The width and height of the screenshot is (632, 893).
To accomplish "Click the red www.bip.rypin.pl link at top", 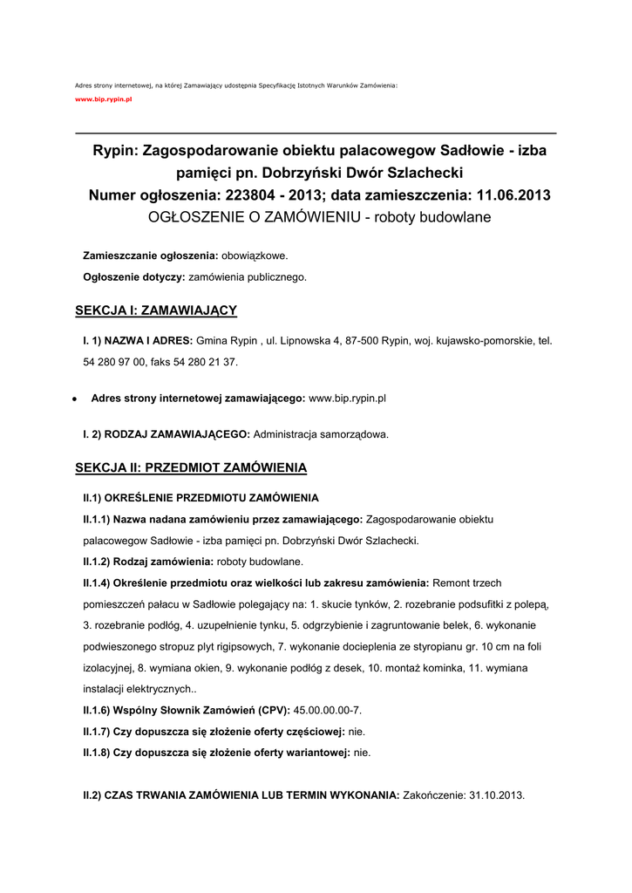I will coord(103,100).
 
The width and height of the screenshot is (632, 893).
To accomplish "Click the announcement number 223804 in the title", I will coord(253,194).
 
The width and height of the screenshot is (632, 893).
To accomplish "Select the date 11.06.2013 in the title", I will coord(510,194).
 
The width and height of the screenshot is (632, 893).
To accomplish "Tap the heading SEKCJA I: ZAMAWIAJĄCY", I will coord(156,310).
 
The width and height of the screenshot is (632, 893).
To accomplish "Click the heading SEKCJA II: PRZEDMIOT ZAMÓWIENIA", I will coord(191,468).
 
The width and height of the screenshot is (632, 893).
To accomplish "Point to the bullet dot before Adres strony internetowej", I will coord(77,399).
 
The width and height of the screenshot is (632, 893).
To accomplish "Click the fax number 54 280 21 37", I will coord(207,361).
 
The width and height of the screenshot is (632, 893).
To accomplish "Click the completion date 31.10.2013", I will coord(497,795).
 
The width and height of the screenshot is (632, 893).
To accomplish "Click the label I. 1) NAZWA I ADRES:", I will coord(138,341).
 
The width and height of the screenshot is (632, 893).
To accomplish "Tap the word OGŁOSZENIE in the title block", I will coord(187,216).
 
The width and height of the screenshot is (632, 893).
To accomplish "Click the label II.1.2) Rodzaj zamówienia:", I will coord(148,562).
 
